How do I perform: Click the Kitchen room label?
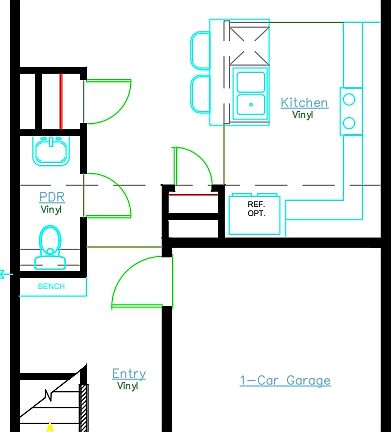coord(304,102)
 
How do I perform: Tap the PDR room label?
coord(52,197)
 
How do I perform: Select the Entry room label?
coord(129,374)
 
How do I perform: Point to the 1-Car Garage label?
coord(285,380)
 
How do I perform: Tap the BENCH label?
coord(51,287)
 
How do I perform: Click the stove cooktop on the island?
coord(247,44)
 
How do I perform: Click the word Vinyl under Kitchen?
coord(303,115)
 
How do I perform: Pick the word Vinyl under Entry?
coord(128,386)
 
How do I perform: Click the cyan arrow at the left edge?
coord(4,272)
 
